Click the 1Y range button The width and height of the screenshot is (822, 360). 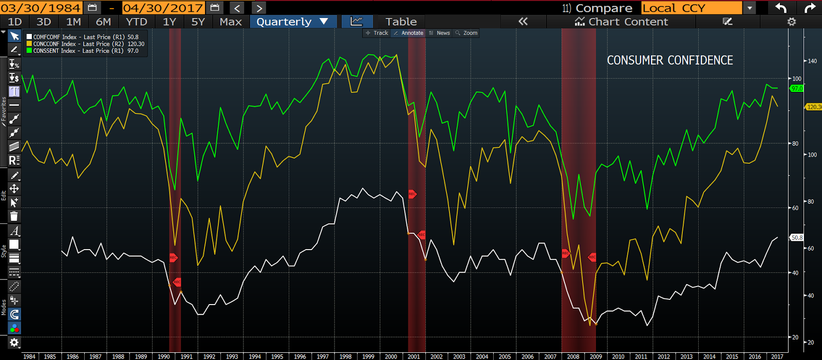169,22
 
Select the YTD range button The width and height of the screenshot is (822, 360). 137,22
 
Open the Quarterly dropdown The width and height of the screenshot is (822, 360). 292,22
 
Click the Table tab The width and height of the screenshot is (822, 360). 401,22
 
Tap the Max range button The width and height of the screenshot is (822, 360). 230,22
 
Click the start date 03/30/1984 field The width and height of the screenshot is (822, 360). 41,8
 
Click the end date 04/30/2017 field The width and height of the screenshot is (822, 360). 163,8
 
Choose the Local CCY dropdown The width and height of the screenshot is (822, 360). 691,8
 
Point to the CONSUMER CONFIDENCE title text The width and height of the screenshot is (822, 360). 670,60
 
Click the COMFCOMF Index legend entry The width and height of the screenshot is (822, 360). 82,37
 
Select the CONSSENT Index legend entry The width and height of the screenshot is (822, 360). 82,51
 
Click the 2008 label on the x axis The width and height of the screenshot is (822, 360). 573,356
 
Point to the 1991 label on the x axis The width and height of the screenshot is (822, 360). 186,356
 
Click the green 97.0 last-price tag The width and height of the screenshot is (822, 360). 797,88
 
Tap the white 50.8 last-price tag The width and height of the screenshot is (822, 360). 797,238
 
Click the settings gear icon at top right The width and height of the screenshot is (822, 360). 791,22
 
